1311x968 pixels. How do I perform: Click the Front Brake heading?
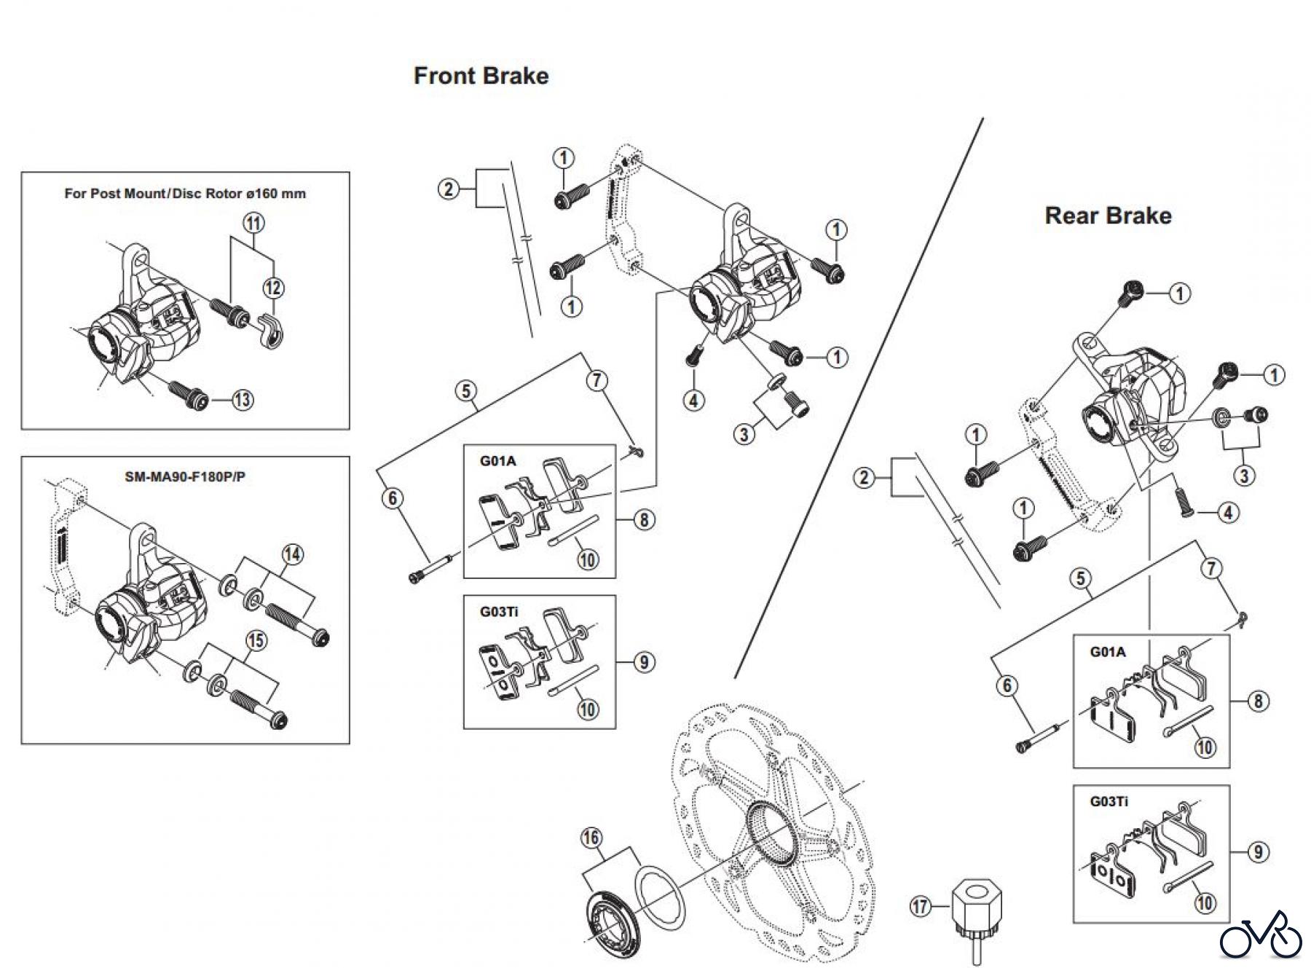click(481, 76)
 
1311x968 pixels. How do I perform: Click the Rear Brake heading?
click(1108, 216)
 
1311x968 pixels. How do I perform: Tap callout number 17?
click(921, 906)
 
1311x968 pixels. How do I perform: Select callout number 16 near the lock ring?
click(591, 838)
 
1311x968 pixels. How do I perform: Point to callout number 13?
click(243, 399)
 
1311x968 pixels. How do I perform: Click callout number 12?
click(273, 288)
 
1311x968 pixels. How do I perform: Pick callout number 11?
click(253, 223)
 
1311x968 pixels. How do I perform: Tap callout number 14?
click(292, 554)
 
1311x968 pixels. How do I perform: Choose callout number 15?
click(256, 641)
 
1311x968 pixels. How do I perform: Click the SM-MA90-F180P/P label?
click(185, 477)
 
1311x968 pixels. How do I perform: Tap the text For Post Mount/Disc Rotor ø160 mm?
click(185, 194)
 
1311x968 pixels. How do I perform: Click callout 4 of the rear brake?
click(1228, 513)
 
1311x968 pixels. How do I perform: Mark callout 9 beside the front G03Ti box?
click(643, 662)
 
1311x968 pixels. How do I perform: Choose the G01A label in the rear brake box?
click(1107, 652)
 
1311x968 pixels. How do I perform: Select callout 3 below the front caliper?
click(744, 435)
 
